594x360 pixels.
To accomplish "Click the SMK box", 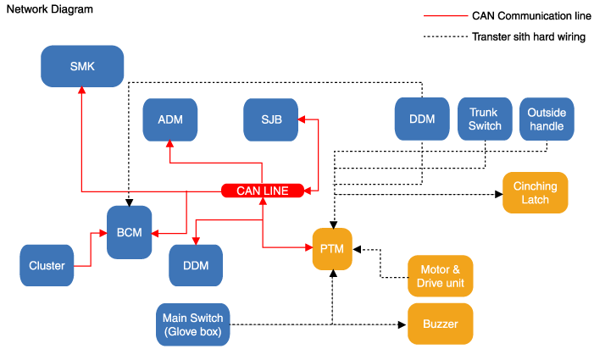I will (x=82, y=65).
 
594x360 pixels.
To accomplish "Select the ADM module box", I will (x=169, y=119).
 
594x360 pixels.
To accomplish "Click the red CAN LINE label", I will (x=263, y=191).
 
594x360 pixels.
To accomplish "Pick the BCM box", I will (x=129, y=232).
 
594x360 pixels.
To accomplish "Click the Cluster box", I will (x=47, y=265).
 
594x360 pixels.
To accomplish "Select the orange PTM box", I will (x=332, y=250).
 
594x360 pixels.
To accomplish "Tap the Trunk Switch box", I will (x=484, y=119).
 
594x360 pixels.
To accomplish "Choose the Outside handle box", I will (x=547, y=119).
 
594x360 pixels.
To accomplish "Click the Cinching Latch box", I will (x=536, y=193).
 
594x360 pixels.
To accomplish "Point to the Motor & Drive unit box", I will (x=440, y=275).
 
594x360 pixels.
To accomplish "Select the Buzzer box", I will (x=440, y=324).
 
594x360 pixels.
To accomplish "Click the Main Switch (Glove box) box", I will (x=193, y=324).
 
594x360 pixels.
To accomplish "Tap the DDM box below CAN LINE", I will (x=196, y=265).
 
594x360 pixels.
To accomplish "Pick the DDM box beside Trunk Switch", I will (x=421, y=119).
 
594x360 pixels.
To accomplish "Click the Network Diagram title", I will (x=48, y=9).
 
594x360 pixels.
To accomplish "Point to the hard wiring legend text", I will (x=528, y=36).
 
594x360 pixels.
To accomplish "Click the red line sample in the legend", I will (x=444, y=16).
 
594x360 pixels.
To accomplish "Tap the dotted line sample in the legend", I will (x=444, y=36).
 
